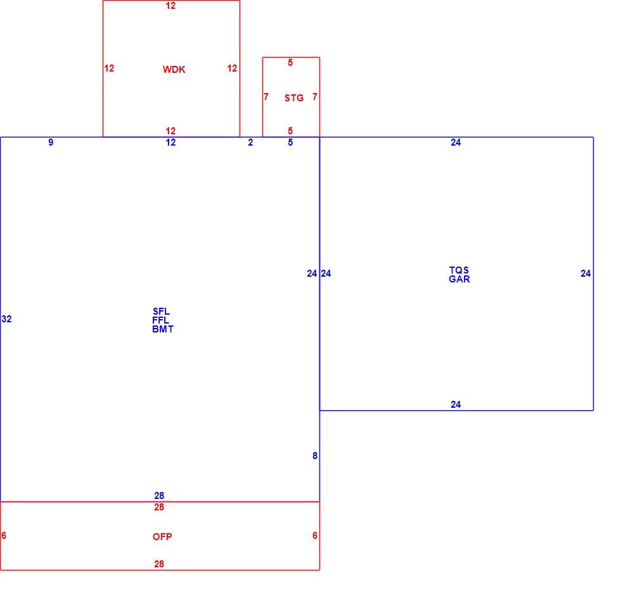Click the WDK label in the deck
pos(174,70)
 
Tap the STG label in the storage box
pos(294,98)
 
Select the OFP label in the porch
pos(162,537)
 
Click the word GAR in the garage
pos(459,279)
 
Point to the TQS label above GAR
pos(459,270)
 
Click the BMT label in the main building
pos(163,329)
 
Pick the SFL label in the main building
pos(161,312)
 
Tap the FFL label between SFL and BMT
pos(160,320)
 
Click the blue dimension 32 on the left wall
pos(7,319)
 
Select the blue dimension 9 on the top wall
pos(51,142)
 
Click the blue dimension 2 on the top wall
pos(250,142)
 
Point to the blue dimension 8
pos(315,456)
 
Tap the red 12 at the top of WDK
pos(170,6)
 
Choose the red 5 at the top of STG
pos(290,63)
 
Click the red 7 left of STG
pos(266,96)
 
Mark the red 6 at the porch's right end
pos(315,535)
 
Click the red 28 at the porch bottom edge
pos(159,564)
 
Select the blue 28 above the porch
pos(159,495)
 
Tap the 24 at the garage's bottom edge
pos(456,405)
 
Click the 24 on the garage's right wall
pos(586,274)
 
